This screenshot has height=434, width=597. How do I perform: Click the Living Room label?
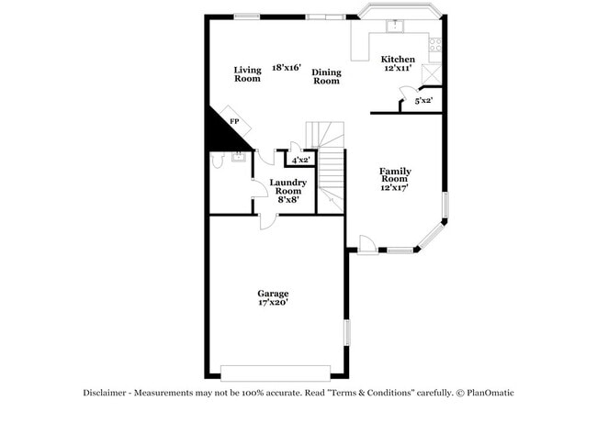(247, 74)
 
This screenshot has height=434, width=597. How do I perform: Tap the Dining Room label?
(326, 76)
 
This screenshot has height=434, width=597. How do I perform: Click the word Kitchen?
(399, 59)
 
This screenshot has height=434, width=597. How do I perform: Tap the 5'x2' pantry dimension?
(423, 100)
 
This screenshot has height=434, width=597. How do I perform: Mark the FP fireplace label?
(234, 122)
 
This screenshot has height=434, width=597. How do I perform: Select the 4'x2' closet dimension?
(300, 160)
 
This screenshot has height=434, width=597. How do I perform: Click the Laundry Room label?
(288, 186)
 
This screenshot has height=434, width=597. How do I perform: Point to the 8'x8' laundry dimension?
(288, 199)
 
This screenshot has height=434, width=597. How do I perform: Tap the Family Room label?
(395, 176)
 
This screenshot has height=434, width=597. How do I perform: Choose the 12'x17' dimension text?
(395, 187)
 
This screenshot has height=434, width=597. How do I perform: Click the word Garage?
(273, 294)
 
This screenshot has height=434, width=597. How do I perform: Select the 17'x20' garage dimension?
(273, 303)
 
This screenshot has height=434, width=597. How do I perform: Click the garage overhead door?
(275, 373)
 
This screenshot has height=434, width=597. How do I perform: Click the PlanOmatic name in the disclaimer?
(490, 393)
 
